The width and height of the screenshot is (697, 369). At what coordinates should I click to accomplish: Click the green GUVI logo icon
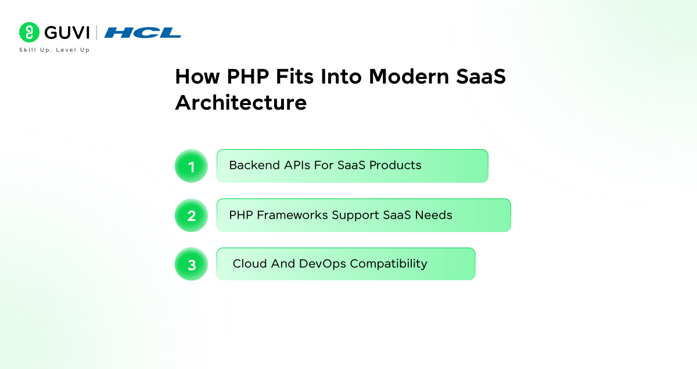tap(29, 32)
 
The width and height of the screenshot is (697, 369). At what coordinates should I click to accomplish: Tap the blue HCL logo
tap(143, 32)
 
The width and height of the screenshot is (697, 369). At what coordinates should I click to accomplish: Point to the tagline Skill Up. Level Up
tap(55, 50)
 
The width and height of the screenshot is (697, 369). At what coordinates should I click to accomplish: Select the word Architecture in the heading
tap(240, 103)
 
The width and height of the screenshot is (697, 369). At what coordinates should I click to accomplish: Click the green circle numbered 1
tap(191, 166)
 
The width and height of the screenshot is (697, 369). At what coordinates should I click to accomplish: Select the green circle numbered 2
tap(191, 215)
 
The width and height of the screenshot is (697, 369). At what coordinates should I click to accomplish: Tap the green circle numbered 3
tap(191, 264)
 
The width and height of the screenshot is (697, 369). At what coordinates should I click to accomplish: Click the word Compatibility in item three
tap(389, 264)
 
